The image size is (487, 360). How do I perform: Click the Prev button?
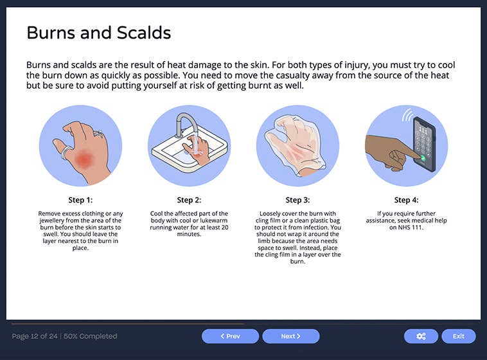click(x=230, y=336)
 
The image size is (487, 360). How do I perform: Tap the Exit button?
click(x=458, y=336)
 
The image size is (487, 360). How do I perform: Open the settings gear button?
click(x=421, y=336)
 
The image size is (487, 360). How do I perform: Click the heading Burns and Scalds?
click(x=98, y=32)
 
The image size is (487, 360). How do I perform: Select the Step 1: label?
click(x=81, y=200)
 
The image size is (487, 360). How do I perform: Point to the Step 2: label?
click(x=189, y=200)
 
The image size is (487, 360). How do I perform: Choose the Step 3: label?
click(x=297, y=200)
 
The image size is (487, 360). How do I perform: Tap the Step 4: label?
click(x=406, y=200)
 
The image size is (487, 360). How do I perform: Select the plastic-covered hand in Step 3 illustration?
click(x=297, y=147)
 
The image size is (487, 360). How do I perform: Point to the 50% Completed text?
click(x=91, y=336)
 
